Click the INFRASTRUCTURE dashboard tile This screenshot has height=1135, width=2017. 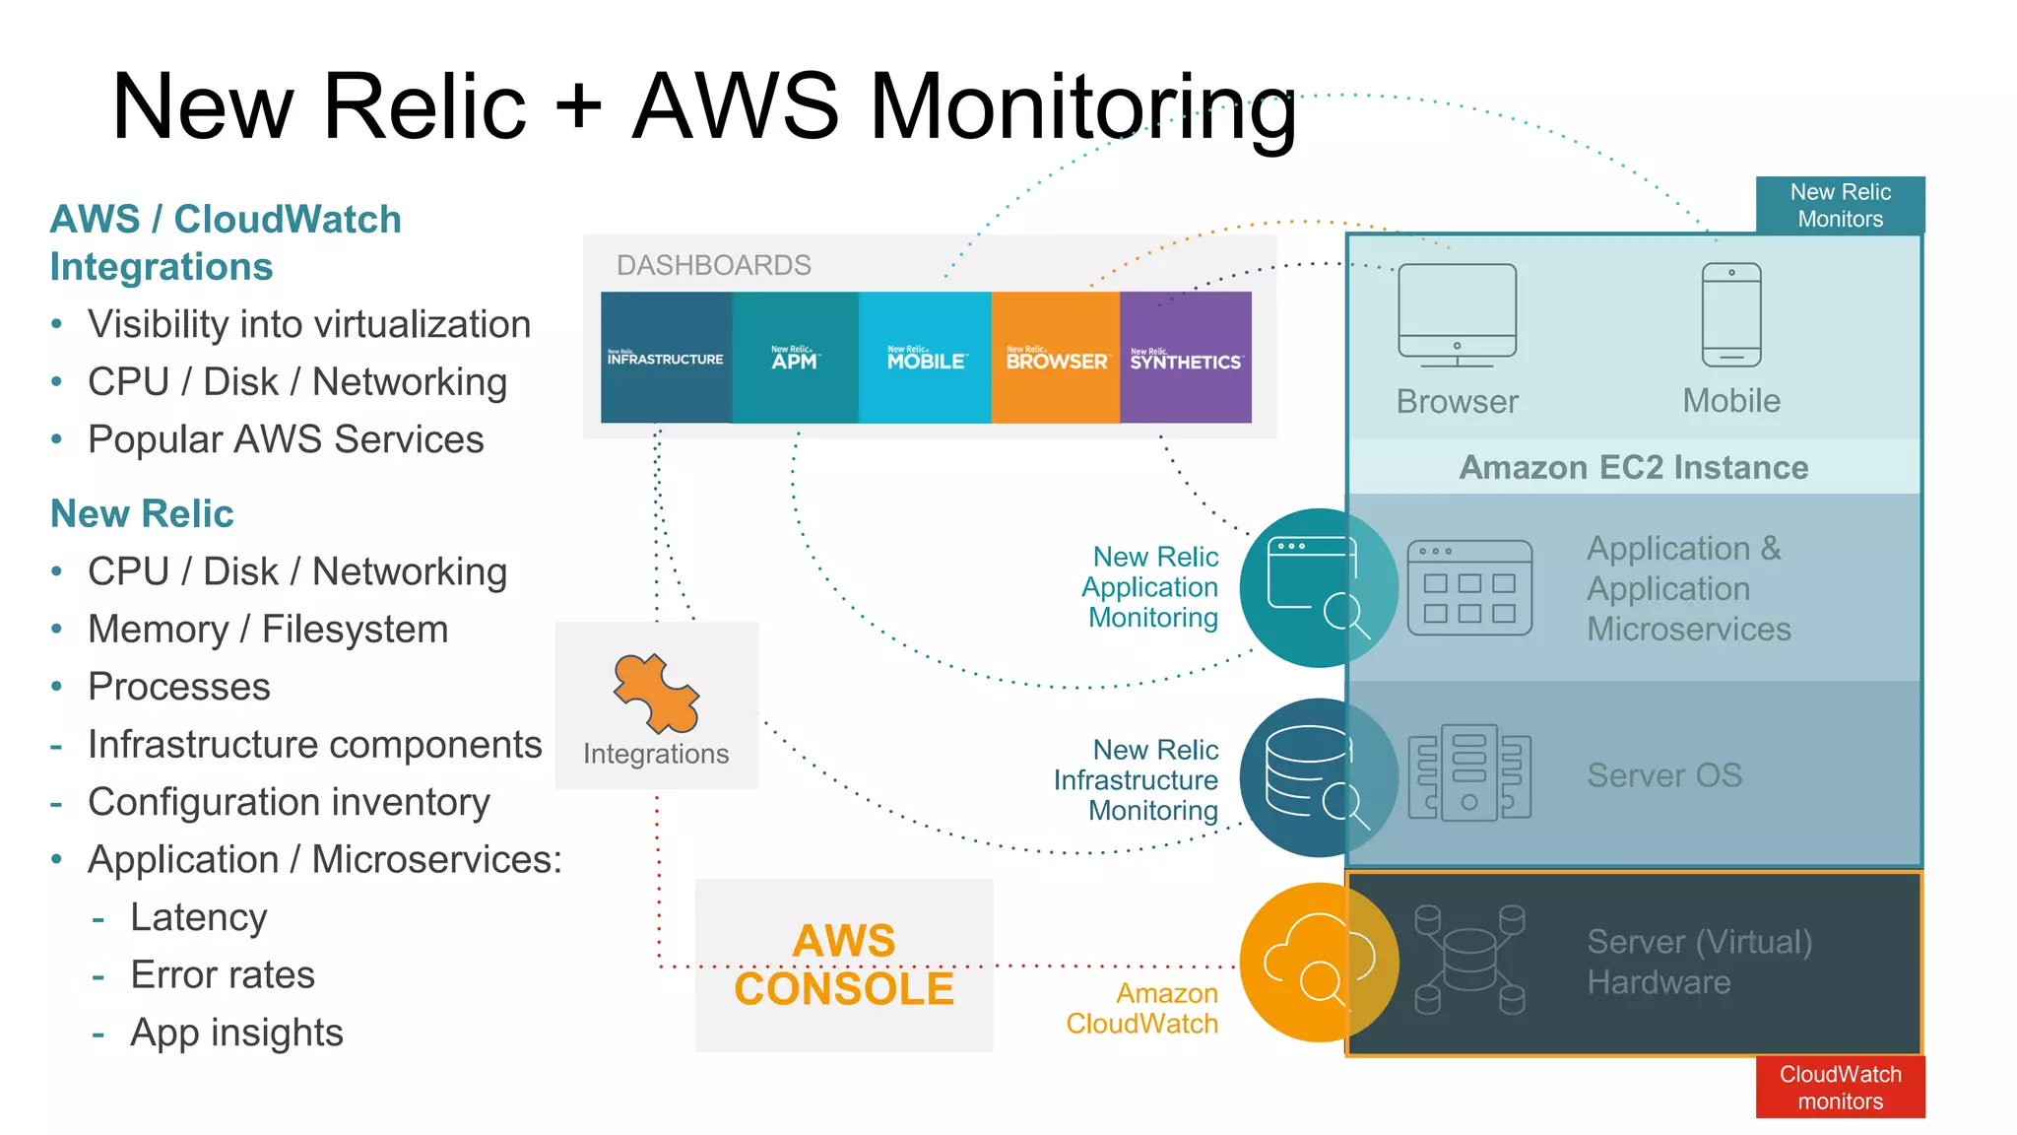pyautogui.click(x=666, y=358)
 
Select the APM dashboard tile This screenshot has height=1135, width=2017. pyautogui.click(x=795, y=358)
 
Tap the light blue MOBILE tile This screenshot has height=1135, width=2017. pyautogui.click(x=925, y=358)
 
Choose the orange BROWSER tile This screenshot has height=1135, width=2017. pyautogui.click(x=1056, y=358)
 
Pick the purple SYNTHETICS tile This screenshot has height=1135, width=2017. pyautogui.click(x=1186, y=358)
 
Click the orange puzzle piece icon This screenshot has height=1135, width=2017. pyautogui.click(x=656, y=694)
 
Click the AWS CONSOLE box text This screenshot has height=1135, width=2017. pyautogui.click(x=844, y=965)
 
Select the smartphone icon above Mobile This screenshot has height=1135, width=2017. pyautogui.click(x=1731, y=314)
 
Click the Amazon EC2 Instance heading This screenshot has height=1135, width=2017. pyautogui.click(x=1633, y=467)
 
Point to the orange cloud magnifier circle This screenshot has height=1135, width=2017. pyautogui.click(x=1318, y=963)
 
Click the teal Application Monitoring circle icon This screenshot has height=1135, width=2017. pyautogui.click(x=1318, y=588)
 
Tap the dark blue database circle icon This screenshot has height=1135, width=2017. pyautogui.click(x=1318, y=777)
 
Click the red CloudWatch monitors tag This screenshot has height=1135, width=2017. pyautogui.click(x=1840, y=1087)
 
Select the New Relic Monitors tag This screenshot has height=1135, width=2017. pyautogui.click(x=1840, y=205)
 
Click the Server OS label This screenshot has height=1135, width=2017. pyautogui.click(x=1664, y=775)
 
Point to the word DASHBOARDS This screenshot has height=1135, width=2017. pyautogui.click(x=713, y=265)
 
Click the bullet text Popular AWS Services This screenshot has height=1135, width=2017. pyautogui.click(x=286, y=439)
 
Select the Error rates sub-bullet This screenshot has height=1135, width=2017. pyautogui.click(x=223, y=974)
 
